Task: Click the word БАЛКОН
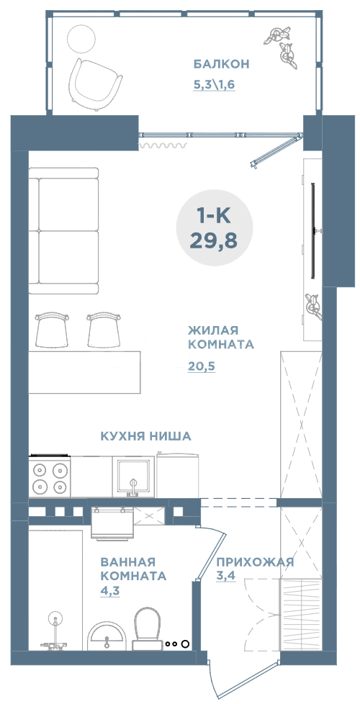(221, 64)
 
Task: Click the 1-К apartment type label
(213, 215)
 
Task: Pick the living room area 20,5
(202, 366)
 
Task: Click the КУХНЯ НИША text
(145, 436)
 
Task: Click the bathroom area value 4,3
(111, 591)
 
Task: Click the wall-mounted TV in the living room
(313, 230)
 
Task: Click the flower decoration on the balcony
(284, 45)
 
